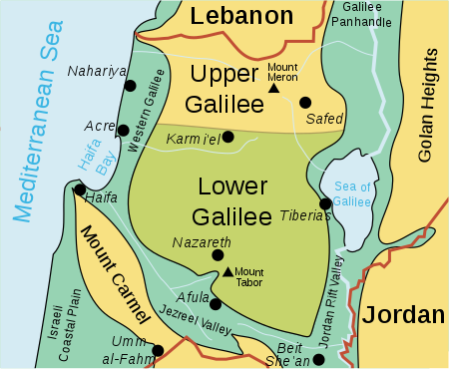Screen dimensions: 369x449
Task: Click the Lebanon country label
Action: coord(241,15)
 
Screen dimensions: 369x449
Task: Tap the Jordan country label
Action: coord(403,314)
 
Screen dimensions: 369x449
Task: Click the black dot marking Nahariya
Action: coord(130,87)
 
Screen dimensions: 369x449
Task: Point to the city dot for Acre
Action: coord(123,130)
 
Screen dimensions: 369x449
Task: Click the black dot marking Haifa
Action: coord(79,189)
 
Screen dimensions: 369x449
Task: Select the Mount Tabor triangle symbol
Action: coord(227,271)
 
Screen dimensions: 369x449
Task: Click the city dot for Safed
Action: coord(305,102)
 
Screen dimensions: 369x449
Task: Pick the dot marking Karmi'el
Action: coord(228,137)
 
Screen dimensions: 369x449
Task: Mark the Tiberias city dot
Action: coord(324,203)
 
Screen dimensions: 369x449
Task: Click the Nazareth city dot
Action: coord(218,255)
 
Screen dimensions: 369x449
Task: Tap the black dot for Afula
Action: coord(216,303)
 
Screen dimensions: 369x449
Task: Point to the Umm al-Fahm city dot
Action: coord(157,350)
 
